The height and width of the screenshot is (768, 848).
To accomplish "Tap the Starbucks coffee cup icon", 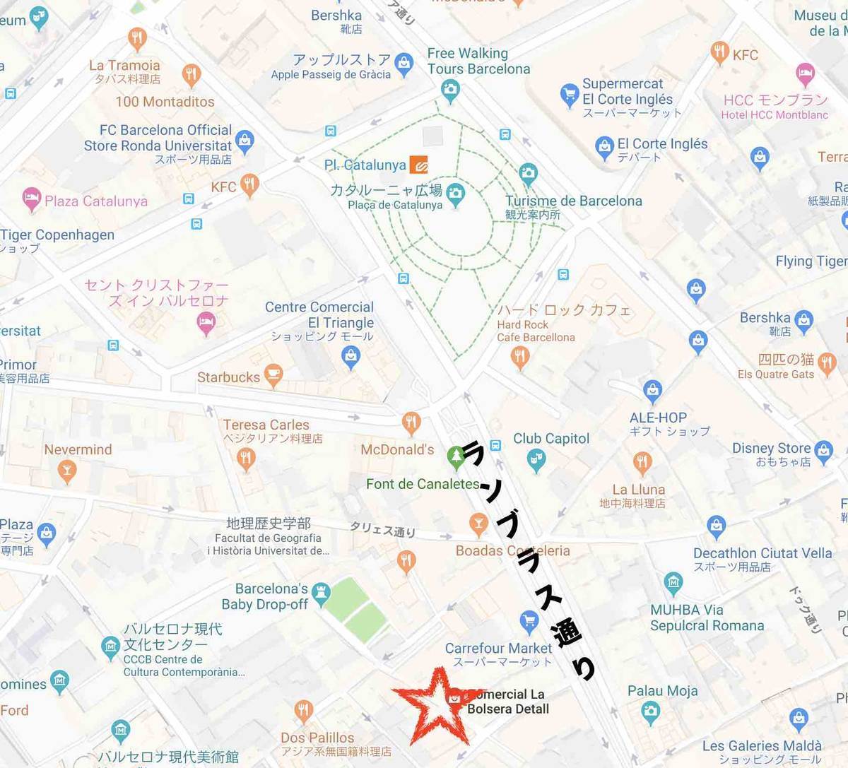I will click(x=273, y=374).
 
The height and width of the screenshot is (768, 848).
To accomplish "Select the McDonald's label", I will click(x=397, y=449).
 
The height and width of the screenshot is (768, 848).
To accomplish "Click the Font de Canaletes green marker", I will click(x=457, y=457).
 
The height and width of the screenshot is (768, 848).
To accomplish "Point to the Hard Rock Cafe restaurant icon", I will click(x=520, y=358).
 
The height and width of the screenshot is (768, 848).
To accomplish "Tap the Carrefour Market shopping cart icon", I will click(x=529, y=622).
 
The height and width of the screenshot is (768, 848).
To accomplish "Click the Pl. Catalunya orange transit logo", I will click(x=418, y=165).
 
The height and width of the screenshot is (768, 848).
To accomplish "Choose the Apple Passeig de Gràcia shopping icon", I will click(x=404, y=64).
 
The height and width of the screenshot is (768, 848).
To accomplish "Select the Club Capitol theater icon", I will click(x=536, y=460).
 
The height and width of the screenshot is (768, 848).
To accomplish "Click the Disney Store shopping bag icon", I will click(x=823, y=451).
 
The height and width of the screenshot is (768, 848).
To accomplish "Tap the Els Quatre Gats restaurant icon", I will click(x=827, y=364).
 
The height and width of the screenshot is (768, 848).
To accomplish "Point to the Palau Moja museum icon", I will click(x=650, y=711).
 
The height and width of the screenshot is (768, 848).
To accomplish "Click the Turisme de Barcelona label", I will click(x=573, y=201).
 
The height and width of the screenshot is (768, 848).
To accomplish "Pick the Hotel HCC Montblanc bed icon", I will click(x=805, y=73).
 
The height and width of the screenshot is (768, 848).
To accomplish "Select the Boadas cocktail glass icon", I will click(x=478, y=524).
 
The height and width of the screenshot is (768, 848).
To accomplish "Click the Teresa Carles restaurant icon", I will click(x=246, y=459).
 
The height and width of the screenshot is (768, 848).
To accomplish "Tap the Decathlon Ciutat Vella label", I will click(x=762, y=553).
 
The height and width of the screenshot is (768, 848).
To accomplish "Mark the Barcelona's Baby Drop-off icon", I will click(x=321, y=594).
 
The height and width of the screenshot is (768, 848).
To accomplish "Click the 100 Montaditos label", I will click(x=165, y=102).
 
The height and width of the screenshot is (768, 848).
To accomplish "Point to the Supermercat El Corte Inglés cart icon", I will click(x=570, y=95).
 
